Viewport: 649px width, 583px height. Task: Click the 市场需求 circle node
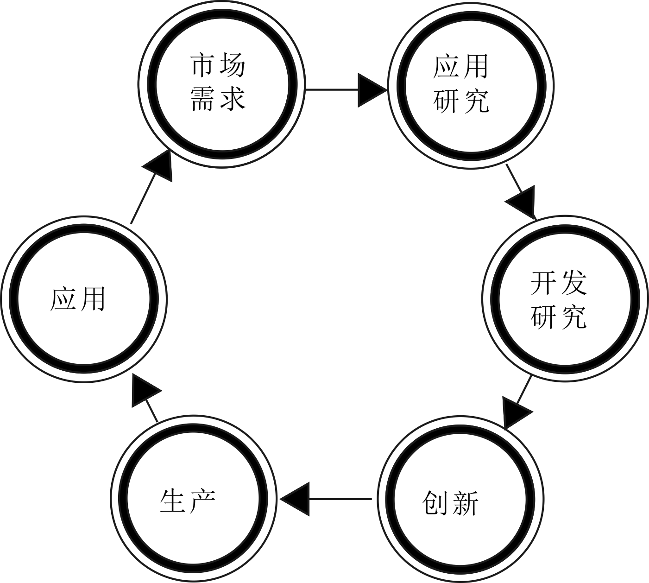pos(222,83)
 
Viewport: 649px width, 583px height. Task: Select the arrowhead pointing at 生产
pos(295,499)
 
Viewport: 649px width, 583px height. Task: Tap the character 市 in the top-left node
pos(204,66)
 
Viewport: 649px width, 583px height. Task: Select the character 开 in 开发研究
pos(543,283)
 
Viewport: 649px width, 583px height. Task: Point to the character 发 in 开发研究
pos(573,283)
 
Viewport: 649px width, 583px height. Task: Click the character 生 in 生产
pos(172,501)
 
